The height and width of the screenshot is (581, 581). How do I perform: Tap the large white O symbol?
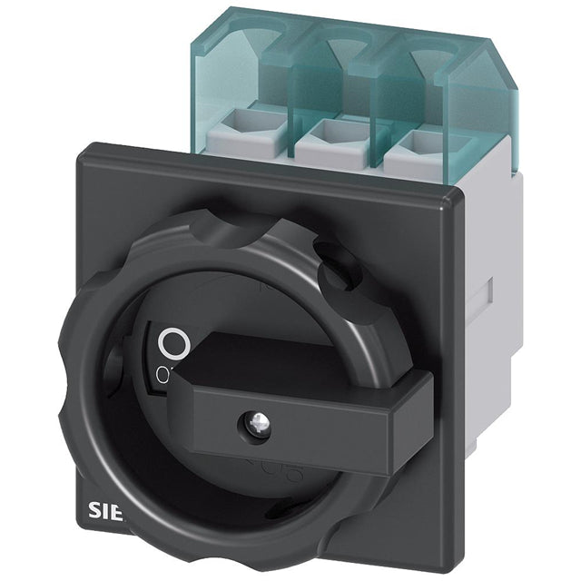point(172,342)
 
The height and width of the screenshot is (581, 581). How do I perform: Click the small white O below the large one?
point(162,373)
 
